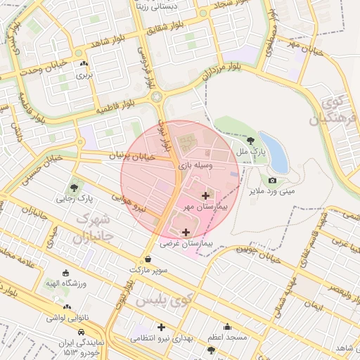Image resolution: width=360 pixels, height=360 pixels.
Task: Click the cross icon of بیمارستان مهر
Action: [205, 195]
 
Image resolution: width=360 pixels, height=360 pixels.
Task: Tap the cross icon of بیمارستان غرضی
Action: [186, 232]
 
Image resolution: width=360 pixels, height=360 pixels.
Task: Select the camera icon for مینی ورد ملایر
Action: [272, 180]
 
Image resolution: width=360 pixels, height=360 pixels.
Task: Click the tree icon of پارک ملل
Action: [252, 141]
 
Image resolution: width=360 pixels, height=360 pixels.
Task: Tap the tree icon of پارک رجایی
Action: [74, 187]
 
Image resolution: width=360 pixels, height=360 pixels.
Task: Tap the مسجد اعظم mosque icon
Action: [227, 326]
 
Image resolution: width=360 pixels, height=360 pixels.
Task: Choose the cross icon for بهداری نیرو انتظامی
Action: [161, 327]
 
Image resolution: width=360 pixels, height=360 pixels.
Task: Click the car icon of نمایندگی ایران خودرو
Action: [82, 331]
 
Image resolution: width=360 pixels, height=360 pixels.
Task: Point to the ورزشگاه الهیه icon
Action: [66, 273]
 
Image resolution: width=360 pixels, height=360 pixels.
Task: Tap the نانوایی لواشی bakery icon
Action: [67, 307]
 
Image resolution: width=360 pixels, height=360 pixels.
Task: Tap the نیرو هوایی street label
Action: [131, 203]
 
